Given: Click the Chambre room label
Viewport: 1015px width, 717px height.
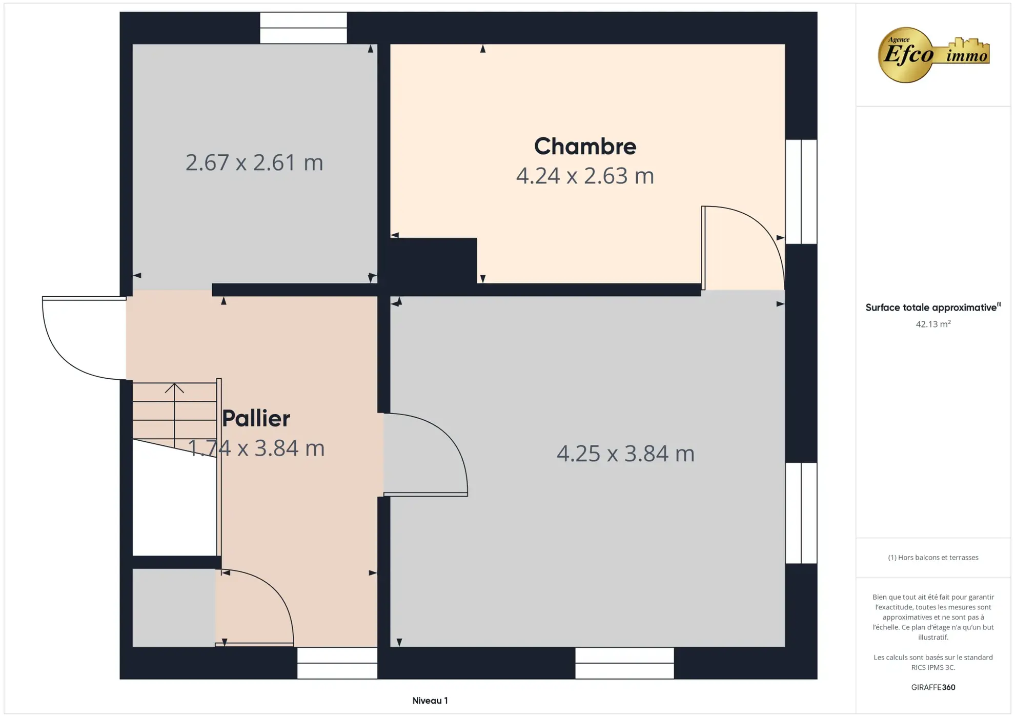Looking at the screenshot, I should [585, 147].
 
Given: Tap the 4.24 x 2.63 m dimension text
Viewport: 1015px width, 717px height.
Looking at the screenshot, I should [585, 176].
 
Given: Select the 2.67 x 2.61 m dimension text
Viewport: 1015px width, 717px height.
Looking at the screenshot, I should [254, 162].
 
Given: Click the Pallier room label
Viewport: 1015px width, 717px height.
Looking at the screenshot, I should [256, 418].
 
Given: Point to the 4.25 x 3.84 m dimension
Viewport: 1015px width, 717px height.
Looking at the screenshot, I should [625, 454].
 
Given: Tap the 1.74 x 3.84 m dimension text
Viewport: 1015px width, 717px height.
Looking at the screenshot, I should [256, 448].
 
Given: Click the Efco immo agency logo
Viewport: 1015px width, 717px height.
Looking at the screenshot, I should [933, 55].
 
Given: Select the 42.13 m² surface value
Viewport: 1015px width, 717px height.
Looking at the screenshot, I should [933, 324].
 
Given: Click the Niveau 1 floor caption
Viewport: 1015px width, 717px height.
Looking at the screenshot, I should [430, 701].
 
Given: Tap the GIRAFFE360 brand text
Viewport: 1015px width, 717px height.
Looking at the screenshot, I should [933, 687].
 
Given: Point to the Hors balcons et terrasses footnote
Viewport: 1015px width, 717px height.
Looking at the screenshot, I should [933, 558].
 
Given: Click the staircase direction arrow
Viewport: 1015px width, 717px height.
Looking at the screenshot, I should [174, 388].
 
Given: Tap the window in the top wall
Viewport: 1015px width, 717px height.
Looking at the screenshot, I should [303, 28].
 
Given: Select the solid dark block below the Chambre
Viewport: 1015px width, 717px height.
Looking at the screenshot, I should [433, 260].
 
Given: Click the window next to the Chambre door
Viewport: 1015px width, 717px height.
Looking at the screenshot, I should [801, 192].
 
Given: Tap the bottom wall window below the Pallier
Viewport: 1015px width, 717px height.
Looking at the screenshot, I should [337, 663].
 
